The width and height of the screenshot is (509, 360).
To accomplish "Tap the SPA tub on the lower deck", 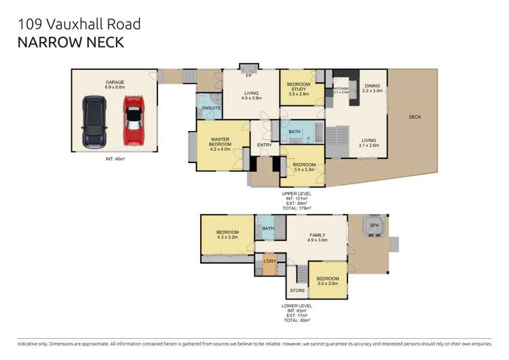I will click(374, 226).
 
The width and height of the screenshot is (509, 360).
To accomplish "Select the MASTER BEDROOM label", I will click(220, 144).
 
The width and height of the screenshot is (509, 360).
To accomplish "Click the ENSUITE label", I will click(211, 108).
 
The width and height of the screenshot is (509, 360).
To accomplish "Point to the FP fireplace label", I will click(248, 67).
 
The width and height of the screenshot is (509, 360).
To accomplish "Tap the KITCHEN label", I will click(341, 89).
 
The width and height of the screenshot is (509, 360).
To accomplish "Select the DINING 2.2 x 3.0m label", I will click(372, 88).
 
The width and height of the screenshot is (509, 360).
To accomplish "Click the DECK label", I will click(415, 117).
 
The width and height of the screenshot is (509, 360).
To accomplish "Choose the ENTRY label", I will click(264, 144).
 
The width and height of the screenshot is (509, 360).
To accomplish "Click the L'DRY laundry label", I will click(269, 261).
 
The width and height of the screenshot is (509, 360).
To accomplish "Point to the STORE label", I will click(297, 291).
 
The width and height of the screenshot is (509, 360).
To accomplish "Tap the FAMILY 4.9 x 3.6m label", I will click(318, 237).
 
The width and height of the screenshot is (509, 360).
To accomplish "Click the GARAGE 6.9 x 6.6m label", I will click(114, 85).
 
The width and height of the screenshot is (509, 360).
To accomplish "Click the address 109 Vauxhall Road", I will click(79, 24).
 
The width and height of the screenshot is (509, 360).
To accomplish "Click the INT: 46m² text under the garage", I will click(114, 159).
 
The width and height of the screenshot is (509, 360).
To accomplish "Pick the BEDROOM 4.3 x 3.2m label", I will click(227, 235).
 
